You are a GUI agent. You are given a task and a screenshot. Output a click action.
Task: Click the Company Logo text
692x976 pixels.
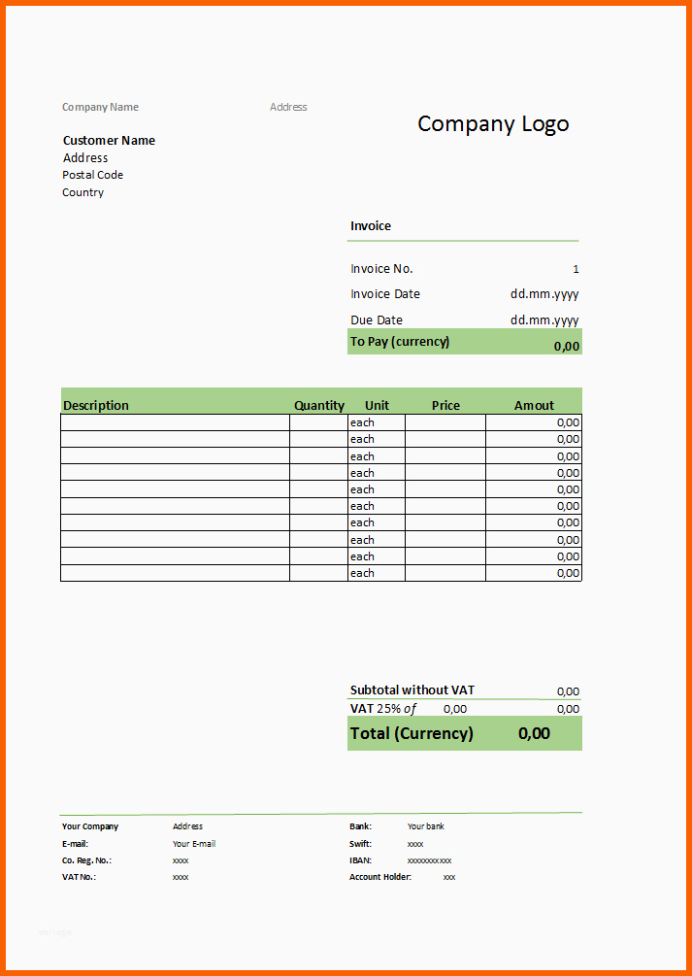[493, 124]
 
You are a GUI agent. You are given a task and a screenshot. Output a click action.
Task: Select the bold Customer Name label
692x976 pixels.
[109, 141]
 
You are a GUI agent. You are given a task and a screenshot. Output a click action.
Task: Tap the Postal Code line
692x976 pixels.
[93, 175]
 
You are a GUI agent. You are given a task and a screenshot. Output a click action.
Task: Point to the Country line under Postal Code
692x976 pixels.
[83, 192]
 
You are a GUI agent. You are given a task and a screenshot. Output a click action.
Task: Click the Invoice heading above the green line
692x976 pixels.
[371, 226]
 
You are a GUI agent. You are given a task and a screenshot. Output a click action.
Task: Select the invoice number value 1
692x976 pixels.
[576, 269]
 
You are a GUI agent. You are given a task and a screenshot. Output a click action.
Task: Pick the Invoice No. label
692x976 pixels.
[381, 269]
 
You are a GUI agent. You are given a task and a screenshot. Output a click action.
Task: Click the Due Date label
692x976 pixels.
[377, 320]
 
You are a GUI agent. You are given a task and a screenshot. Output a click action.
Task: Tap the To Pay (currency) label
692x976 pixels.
[400, 342]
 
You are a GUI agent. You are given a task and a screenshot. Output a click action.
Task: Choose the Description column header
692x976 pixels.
[96, 406]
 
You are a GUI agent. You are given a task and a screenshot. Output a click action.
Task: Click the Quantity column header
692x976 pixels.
[319, 406]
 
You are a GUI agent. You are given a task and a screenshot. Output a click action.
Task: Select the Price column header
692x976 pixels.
[445, 406]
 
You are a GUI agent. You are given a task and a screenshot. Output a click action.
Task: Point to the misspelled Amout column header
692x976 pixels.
[534, 406]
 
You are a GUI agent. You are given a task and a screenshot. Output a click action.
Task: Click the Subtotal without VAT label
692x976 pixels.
[412, 690]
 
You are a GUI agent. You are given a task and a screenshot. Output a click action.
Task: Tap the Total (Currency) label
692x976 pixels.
[412, 733]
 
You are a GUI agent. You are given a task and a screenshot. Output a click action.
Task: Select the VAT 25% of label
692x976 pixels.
[383, 709]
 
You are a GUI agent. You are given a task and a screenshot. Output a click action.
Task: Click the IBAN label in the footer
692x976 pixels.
[361, 860]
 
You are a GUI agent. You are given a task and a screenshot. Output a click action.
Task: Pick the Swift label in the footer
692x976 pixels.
[361, 844]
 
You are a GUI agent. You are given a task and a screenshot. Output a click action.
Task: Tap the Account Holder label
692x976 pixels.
[380, 877]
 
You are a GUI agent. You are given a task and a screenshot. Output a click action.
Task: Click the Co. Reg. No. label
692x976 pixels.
[87, 860]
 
